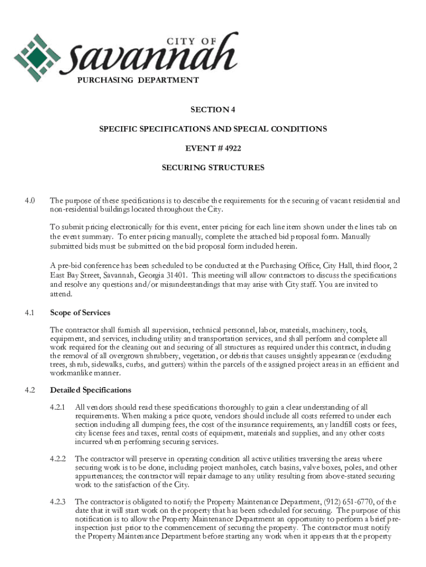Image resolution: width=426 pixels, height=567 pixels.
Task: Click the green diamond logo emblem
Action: point(37,56)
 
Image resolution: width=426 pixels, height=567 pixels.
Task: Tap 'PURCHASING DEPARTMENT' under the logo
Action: point(138,80)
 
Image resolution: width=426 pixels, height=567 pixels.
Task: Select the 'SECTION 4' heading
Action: point(213,110)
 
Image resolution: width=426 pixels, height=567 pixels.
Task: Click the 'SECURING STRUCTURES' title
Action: point(213,167)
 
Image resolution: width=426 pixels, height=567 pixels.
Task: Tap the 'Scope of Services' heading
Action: point(80,312)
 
